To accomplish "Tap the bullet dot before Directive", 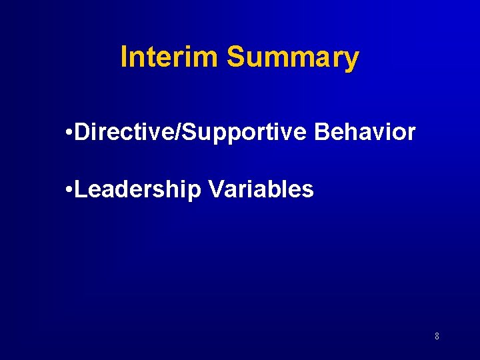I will click(70, 133).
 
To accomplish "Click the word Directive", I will click(124, 132).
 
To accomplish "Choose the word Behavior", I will click(365, 132).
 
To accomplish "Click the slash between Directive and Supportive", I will click(177, 132).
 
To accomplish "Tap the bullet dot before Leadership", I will click(70, 190).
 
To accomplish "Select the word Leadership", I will click(138, 190).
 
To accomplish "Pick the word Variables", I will click(261, 189).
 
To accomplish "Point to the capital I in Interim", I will click(123, 57).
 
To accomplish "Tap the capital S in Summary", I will click(235, 57).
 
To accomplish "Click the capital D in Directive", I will click(83, 132).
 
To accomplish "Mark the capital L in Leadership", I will click(81, 189).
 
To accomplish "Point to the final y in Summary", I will click(351, 61).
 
